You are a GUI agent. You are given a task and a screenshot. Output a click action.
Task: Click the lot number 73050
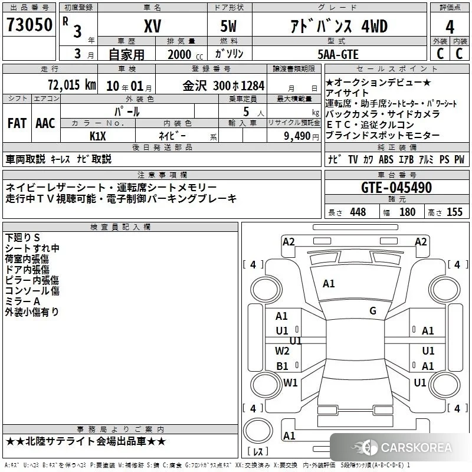[x=29, y=25]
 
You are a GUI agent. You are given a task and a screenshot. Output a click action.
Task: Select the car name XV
[x=153, y=26]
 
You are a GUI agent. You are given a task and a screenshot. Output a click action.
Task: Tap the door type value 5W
[x=228, y=26]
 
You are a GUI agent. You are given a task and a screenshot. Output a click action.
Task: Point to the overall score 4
[x=450, y=27]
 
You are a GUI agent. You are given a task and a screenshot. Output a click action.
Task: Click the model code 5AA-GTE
[x=338, y=54]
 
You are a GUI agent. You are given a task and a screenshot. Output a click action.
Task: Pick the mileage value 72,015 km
[x=72, y=84]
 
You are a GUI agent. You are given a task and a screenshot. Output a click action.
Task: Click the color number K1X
[x=98, y=136]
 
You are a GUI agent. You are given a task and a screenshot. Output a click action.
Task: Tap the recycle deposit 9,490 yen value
[x=301, y=136]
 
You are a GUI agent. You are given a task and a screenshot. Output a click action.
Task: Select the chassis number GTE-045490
[x=396, y=188]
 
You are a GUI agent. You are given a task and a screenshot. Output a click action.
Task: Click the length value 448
[x=358, y=212]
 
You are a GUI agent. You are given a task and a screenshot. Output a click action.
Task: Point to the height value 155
[x=454, y=212]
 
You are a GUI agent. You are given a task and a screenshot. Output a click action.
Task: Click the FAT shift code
[x=17, y=123]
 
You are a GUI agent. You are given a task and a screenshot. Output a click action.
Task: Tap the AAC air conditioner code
[x=45, y=123]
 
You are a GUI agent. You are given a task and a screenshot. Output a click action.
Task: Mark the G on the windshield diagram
[x=373, y=310]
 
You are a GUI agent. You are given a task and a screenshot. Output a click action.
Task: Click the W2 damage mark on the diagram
[x=282, y=350]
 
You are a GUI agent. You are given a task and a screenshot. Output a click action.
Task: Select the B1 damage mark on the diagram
[x=283, y=366]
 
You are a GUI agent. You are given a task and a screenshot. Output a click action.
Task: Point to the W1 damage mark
[x=290, y=382]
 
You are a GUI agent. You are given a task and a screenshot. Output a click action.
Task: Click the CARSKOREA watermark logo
[x=402, y=448]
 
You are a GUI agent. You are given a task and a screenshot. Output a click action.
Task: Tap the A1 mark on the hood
[x=329, y=284]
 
